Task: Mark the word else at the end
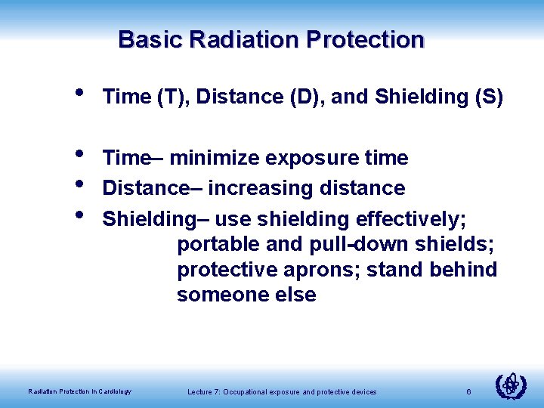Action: point(297,295)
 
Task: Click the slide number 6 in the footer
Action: point(469,391)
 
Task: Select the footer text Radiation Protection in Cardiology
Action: point(79,391)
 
